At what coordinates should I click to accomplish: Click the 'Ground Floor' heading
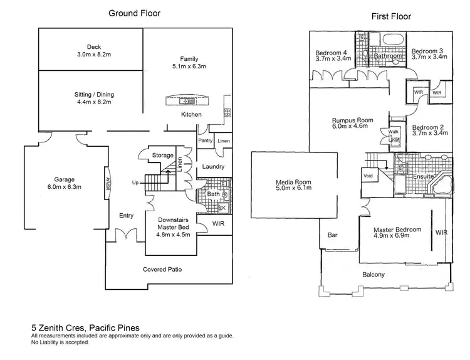pos(134,13)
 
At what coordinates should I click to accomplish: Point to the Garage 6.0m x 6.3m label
pos(64,183)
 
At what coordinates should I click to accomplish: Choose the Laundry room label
pos(213,167)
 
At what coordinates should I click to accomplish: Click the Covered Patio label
pos(167,269)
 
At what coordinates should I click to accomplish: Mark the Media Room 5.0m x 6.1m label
pos(293,187)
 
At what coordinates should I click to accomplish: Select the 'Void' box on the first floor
pos(368,176)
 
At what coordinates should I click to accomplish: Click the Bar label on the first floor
pos(333,236)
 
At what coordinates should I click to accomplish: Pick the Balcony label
pos(373,275)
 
